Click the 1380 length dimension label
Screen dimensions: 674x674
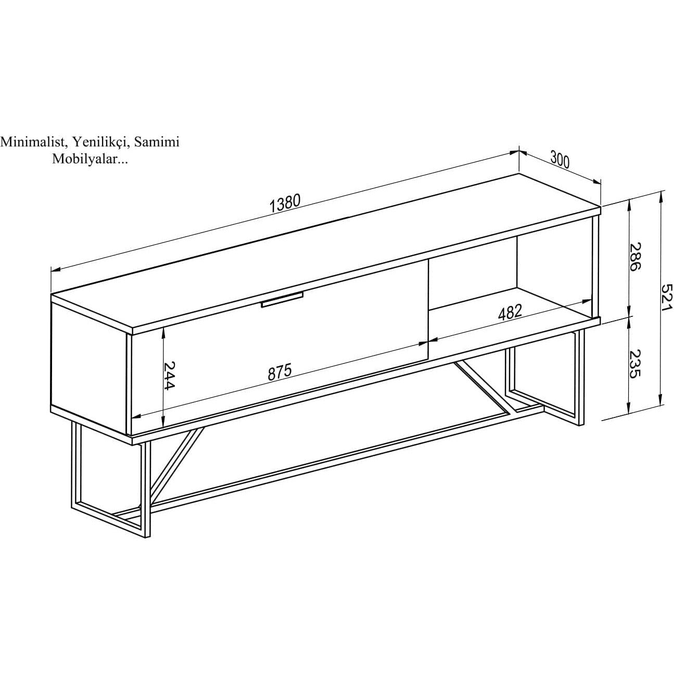click(285, 204)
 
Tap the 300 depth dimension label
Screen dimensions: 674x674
click(560, 159)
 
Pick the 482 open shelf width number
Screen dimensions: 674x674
click(510, 312)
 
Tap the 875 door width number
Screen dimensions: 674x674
click(279, 372)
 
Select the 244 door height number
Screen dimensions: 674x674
click(169, 375)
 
